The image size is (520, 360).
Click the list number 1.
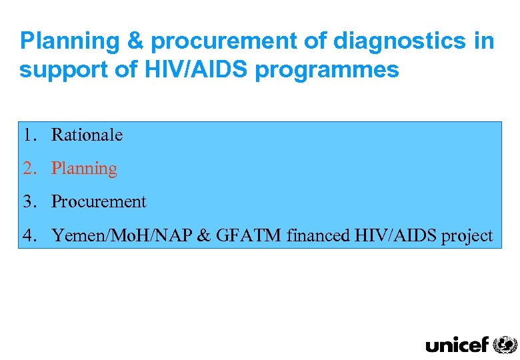point(27,135)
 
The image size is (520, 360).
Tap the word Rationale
point(87,135)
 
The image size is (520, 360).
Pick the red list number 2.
point(27,169)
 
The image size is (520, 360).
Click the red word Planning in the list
point(84,169)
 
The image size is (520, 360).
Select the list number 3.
point(27,201)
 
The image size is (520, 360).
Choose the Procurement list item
point(99,201)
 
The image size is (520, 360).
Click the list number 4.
point(27,235)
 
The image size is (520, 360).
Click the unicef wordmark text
point(457,344)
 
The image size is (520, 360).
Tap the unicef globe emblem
point(505,344)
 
